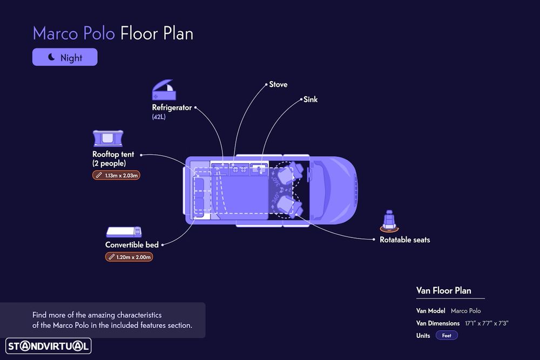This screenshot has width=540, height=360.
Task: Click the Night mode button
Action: coord(65,57)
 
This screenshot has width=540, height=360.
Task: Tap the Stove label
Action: coord(278,84)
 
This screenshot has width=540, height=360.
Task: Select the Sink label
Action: coord(310,99)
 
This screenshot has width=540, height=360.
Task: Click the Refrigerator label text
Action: coord(172,108)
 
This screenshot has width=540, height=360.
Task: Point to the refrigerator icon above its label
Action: coord(164,90)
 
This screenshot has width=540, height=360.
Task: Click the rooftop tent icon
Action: coord(108,138)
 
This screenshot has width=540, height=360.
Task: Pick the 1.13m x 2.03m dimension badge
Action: coord(117,175)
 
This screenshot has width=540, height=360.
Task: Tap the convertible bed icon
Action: coord(124,232)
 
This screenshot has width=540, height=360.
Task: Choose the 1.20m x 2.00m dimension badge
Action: coord(129,257)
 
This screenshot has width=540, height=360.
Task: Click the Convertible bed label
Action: coord(132,244)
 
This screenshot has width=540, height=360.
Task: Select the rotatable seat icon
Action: coord(389,221)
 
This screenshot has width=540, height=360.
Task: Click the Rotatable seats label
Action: coord(405,240)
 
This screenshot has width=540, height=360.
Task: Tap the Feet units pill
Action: coord(447,335)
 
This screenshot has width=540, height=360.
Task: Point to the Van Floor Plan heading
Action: coord(443,290)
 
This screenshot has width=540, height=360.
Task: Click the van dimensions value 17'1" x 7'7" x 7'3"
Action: coord(487,323)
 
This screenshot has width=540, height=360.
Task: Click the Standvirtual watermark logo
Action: coord(49,346)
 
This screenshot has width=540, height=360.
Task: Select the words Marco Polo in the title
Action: coord(74,33)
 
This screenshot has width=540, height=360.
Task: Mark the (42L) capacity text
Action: coord(159,117)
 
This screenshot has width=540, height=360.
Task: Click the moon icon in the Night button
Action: coord(51,57)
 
